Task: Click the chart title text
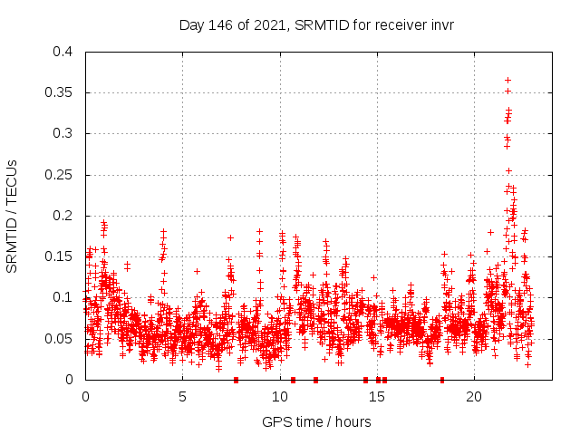click(315, 25)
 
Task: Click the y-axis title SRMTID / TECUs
click(13, 217)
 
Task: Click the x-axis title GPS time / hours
click(315, 421)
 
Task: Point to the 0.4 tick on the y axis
click(62, 52)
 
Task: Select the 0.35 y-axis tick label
click(58, 92)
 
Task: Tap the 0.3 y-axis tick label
click(62, 133)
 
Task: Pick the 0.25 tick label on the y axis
click(58, 175)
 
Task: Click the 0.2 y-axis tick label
click(62, 216)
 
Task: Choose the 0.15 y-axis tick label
click(58, 256)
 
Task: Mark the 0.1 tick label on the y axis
click(62, 297)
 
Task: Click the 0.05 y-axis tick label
click(58, 338)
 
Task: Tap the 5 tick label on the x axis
click(182, 397)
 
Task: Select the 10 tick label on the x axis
click(279, 397)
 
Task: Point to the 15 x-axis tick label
click(376, 397)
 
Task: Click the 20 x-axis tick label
click(473, 397)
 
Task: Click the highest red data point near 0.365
click(507, 80)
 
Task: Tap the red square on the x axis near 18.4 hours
click(442, 380)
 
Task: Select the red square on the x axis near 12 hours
click(315, 380)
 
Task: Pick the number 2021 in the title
click(264, 25)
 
